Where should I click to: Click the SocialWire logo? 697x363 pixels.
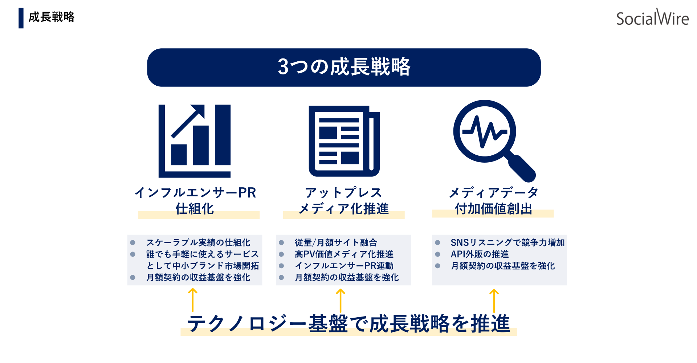click(652, 17)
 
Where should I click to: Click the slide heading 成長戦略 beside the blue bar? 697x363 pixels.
click(52, 17)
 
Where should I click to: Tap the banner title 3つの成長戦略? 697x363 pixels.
click(344, 67)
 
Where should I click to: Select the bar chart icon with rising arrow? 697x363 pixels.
click(195, 141)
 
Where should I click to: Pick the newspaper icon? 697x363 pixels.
click(344, 141)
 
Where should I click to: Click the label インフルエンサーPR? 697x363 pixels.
click(195, 192)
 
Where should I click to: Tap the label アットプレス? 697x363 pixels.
click(343, 192)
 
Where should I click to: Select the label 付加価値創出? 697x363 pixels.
click(493, 209)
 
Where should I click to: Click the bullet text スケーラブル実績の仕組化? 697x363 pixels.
click(198, 242)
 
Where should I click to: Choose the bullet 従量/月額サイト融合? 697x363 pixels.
click(336, 242)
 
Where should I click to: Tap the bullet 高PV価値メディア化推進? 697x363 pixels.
click(344, 254)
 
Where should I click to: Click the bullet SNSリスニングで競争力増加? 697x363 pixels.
click(508, 242)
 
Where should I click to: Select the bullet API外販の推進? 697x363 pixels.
click(480, 254)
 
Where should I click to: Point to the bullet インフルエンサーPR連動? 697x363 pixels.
click(344, 266)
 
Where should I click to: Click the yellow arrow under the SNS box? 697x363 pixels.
click(494, 301)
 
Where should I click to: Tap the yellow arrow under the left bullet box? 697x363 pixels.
click(192, 300)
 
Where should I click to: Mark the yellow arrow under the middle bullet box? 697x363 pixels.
click(340, 301)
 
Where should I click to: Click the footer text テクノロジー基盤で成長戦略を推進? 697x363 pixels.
click(348, 323)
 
